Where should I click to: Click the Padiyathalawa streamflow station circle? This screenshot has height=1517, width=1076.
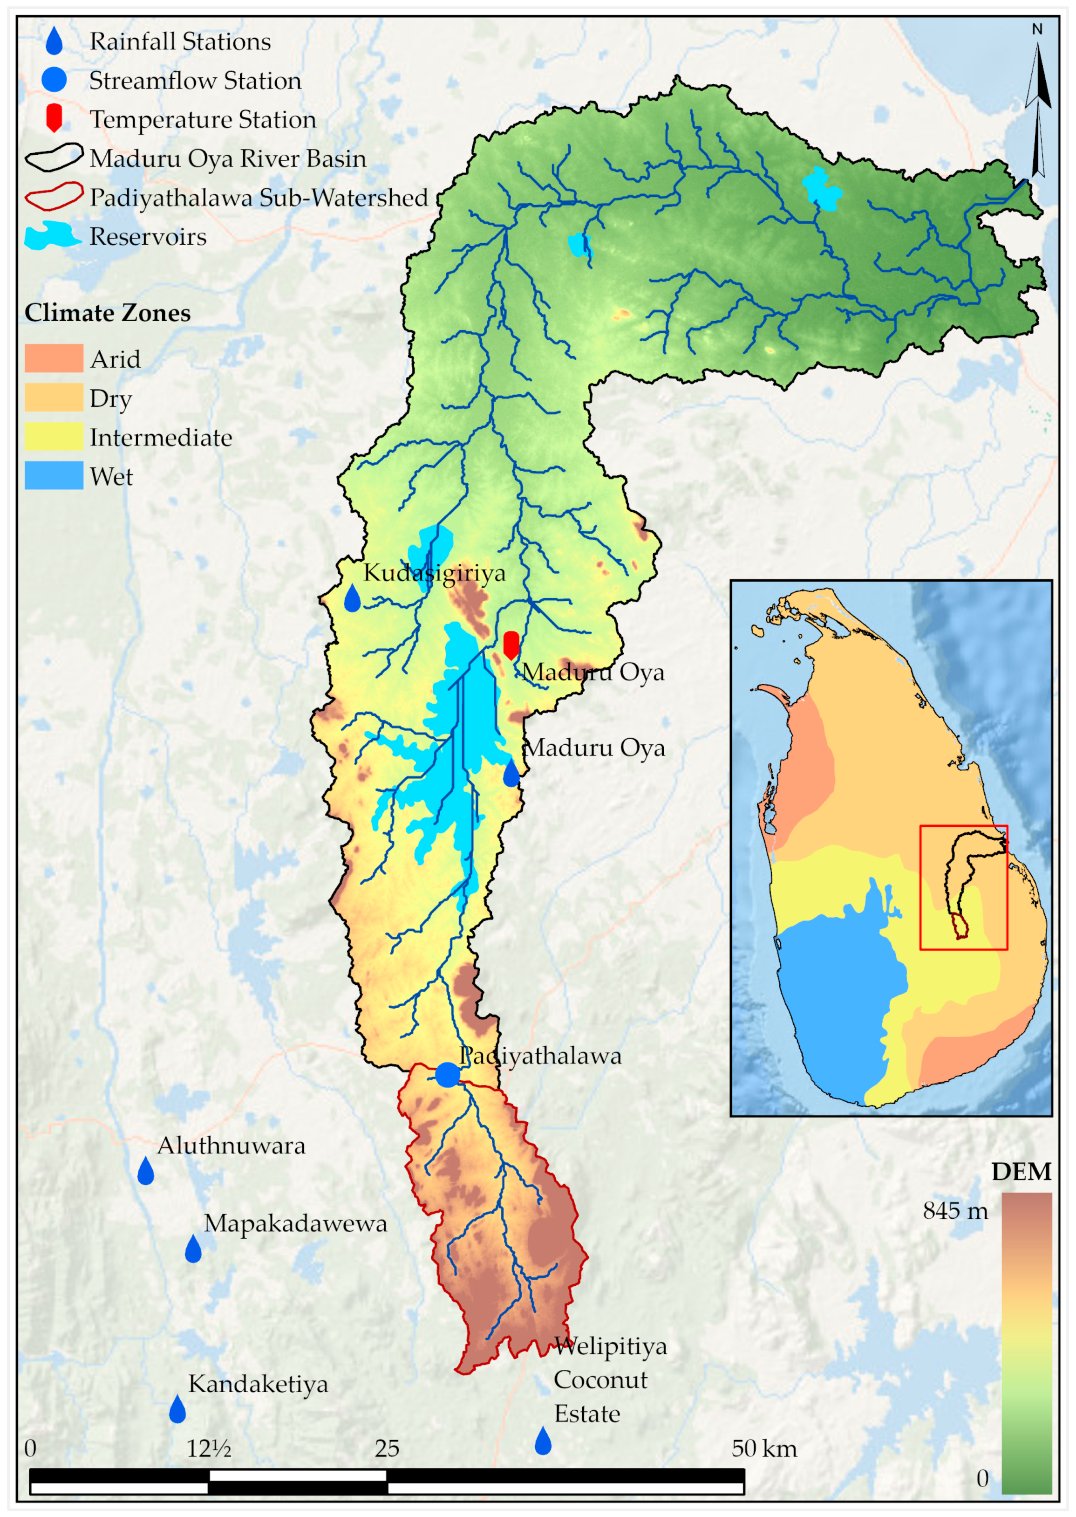pos(447,1074)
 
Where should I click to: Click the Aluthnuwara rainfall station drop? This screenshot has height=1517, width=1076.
pos(146,1172)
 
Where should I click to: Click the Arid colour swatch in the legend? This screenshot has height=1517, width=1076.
pos(54,358)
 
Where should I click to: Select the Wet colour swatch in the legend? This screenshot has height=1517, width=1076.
pos(54,476)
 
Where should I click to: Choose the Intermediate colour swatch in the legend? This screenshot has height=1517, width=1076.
pos(54,437)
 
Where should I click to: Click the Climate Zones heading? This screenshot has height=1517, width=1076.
pos(107,313)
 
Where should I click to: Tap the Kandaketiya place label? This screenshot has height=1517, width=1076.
pos(258,1384)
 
